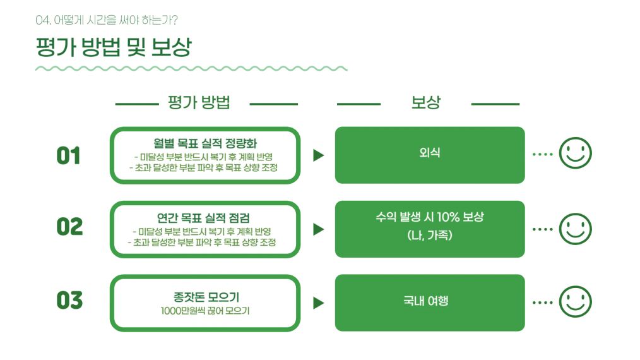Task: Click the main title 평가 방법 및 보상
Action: (x=114, y=47)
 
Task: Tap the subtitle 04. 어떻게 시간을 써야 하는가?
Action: (x=107, y=20)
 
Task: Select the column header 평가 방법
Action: (x=199, y=102)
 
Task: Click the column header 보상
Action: (x=425, y=102)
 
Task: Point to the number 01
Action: (x=69, y=156)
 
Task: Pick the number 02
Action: (x=69, y=227)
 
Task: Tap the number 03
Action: (x=69, y=301)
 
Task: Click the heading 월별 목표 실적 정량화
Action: (x=205, y=143)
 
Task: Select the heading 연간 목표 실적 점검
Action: (x=203, y=218)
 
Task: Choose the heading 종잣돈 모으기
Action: (x=206, y=297)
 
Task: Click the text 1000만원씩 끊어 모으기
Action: (x=205, y=311)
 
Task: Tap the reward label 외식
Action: (x=430, y=152)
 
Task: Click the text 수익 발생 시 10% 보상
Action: (x=430, y=217)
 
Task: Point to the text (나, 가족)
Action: (x=430, y=235)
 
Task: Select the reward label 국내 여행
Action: (x=425, y=301)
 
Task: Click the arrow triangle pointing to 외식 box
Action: (x=318, y=155)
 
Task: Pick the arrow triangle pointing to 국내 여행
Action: (x=318, y=303)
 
